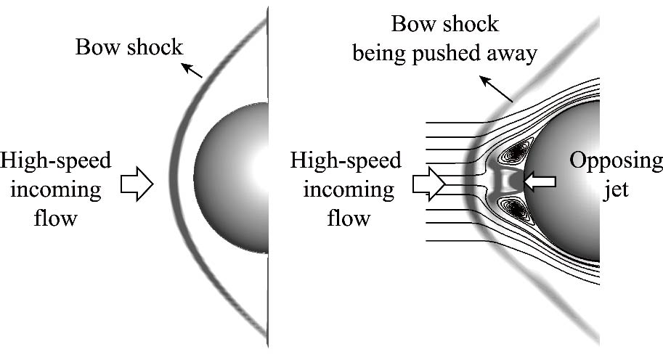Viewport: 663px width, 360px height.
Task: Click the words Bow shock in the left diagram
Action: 129,49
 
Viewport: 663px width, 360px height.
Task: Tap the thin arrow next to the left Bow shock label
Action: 192,70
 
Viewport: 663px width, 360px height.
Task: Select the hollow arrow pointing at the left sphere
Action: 136,184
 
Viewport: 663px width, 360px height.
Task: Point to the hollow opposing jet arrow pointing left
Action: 540,182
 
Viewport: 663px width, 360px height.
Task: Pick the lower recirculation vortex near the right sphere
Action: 518,210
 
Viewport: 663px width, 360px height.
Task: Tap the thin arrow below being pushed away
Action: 500,91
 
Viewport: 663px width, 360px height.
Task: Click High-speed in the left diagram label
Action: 56,160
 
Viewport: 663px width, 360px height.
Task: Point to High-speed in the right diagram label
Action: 346,160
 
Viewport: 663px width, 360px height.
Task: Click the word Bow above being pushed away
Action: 415,24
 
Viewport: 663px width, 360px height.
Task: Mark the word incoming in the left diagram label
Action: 56,190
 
